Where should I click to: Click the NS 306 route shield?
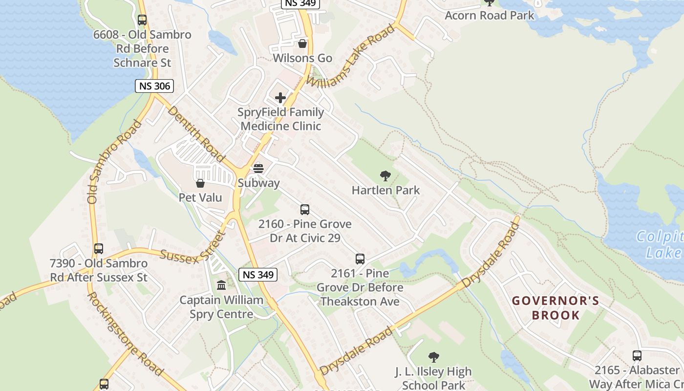[154, 87]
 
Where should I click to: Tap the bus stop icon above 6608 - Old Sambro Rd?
[142, 20]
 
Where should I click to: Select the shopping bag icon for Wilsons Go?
[302, 43]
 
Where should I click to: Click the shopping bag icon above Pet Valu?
[200, 183]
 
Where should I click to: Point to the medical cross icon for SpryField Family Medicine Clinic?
[280, 98]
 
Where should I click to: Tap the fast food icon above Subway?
[258, 169]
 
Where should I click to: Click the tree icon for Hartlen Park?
[385, 176]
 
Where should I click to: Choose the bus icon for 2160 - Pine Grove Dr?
[305, 210]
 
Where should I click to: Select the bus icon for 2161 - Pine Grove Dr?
[360, 259]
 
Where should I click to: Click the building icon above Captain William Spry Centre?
[221, 285]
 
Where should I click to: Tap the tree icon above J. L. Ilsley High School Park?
[433, 357]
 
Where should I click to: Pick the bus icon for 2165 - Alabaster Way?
[637, 356]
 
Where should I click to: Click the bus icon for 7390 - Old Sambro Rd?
[99, 249]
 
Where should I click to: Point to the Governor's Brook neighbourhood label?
[556, 308]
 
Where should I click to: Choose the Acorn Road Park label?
[490, 15]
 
